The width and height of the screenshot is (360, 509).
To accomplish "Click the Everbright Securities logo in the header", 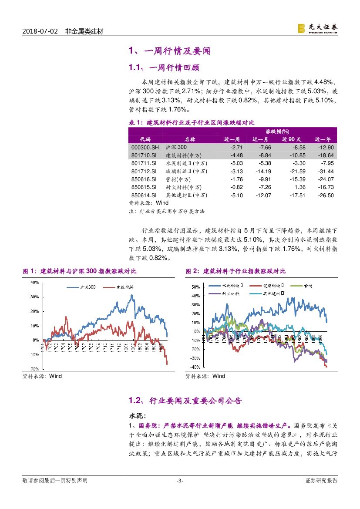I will click(x=317, y=29).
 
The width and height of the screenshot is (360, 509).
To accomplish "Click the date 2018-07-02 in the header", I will click(x=40, y=32).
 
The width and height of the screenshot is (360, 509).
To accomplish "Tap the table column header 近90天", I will click(x=291, y=139).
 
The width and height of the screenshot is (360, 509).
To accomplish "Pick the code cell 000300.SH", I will click(x=145, y=148).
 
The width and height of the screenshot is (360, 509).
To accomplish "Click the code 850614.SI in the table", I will click(x=145, y=195).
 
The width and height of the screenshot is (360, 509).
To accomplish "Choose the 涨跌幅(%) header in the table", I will click(x=277, y=131).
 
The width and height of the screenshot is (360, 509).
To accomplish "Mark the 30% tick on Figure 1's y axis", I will click(x=34, y=297).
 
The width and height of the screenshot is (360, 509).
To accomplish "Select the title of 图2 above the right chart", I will click(x=236, y=271).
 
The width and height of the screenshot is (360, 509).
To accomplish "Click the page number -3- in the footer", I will click(x=179, y=481).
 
